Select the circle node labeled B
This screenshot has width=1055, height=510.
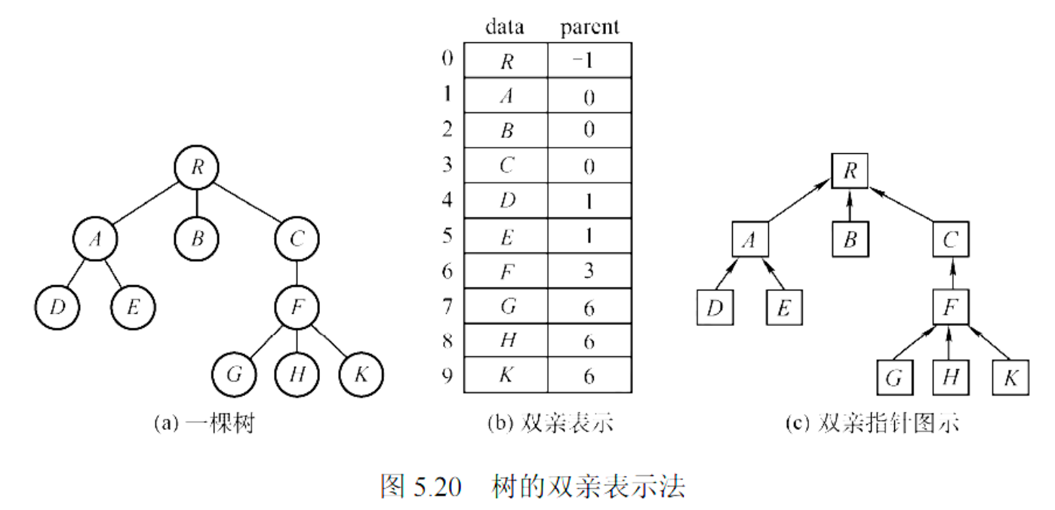click(x=197, y=240)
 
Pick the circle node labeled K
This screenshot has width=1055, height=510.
click(x=361, y=373)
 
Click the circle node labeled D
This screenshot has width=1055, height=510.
click(x=56, y=306)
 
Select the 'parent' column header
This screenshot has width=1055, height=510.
click(x=589, y=28)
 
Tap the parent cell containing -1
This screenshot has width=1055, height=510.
click(x=589, y=60)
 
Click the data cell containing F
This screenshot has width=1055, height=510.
click(x=506, y=272)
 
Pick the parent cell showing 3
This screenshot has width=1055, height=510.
click(x=589, y=272)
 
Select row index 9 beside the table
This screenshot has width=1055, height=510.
click(x=448, y=375)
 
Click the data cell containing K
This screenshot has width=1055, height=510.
click(x=506, y=376)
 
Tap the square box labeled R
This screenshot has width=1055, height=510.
click(x=850, y=171)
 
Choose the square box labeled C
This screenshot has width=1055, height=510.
click(x=950, y=240)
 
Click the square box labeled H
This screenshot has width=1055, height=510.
click(x=950, y=378)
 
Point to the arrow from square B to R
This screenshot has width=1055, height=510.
click(x=850, y=205)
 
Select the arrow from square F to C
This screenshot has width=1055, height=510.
click(x=950, y=274)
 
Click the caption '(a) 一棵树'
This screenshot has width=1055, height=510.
click(x=204, y=423)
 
